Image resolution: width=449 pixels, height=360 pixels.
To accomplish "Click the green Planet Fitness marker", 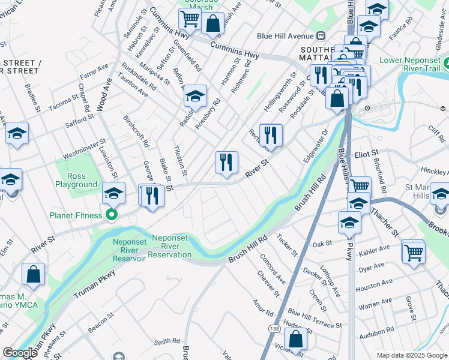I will (x=111, y=215).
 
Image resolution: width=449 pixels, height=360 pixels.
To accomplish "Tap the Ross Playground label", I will (x=76, y=180).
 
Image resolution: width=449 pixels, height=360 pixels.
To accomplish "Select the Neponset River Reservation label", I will (x=169, y=245).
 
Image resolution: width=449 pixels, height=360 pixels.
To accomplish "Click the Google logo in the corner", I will (x=20, y=353).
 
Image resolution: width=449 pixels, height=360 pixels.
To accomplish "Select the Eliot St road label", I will (x=367, y=154).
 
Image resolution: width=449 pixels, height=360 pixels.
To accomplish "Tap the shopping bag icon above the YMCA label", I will (x=34, y=274).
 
